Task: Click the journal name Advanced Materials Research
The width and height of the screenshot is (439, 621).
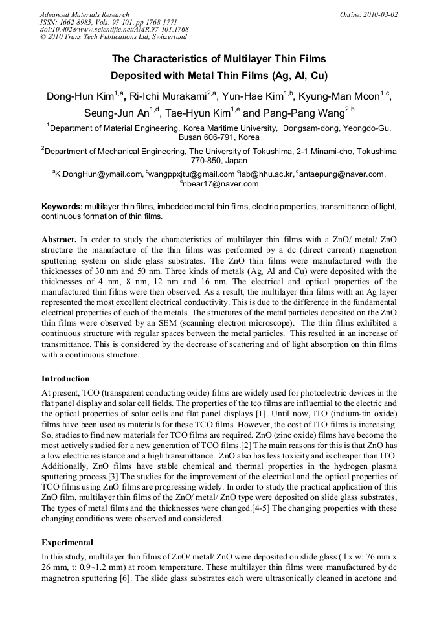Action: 84,14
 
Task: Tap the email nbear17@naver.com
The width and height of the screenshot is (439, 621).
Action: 221,183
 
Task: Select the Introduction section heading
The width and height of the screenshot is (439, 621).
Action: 65,378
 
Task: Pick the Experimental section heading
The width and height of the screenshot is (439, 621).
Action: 67,542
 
